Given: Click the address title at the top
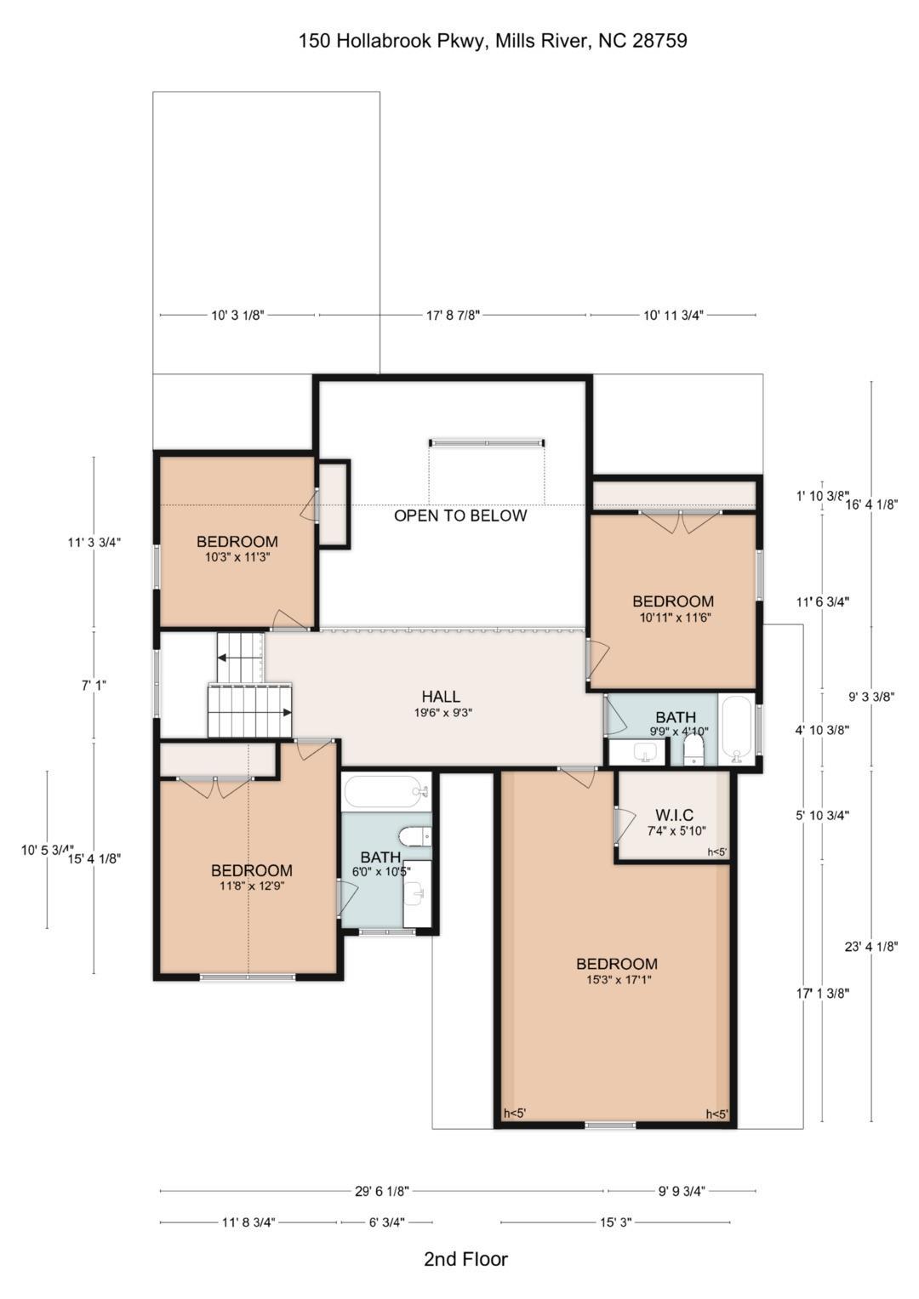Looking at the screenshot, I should click(493, 40).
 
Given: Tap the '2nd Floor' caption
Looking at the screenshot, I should click(465, 1259).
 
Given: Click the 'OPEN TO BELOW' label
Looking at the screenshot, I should click(460, 516).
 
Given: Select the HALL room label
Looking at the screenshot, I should click(441, 697).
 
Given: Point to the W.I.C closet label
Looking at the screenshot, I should click(674, 816).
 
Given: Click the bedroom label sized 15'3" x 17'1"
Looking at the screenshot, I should click(617, 964).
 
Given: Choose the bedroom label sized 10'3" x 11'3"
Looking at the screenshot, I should click(237, 542).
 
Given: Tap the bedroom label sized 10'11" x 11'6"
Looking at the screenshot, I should click(672, 601).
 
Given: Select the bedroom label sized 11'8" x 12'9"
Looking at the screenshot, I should click(251, 870).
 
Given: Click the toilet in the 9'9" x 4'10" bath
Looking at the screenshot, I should click(694, 749).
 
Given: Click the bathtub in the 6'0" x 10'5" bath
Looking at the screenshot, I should click(385, 791).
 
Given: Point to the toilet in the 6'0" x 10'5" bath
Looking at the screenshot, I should click(415, 836).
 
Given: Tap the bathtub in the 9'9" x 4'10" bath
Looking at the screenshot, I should click(736, 731).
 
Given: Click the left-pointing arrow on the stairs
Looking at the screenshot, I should click(223, 658).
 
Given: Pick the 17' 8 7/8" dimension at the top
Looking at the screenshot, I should click(453, 315).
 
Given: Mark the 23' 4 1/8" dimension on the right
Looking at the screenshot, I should click(870, 946).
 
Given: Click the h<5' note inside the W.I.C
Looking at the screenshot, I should click(716, 852).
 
